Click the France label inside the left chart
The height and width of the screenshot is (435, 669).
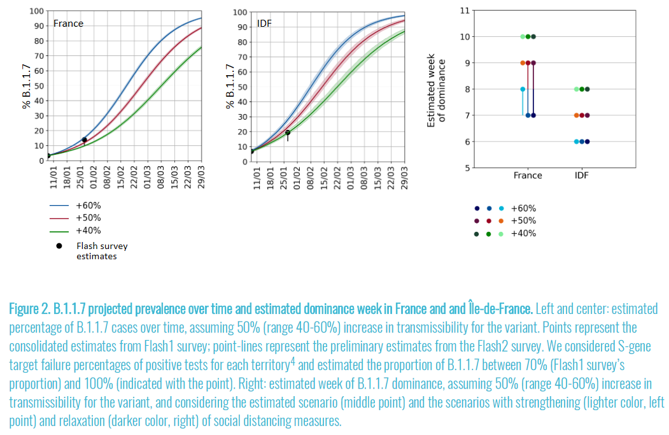(68, 24)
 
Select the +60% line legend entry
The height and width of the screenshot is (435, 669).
(88, 206)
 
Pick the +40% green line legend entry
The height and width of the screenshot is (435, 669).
(88, 231)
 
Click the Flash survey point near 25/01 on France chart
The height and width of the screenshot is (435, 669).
(84, 140)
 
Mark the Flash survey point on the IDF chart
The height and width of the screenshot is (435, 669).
(288, 132)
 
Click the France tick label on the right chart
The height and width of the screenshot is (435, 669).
(528, 176)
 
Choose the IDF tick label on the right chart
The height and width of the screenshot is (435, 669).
(581, 176)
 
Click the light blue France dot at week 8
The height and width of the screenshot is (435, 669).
(523, 89)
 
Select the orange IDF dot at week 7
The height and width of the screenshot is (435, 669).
(576, 115)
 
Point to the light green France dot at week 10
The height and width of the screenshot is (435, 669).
(523, 37)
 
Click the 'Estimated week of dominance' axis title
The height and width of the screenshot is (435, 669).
(436, 89)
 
